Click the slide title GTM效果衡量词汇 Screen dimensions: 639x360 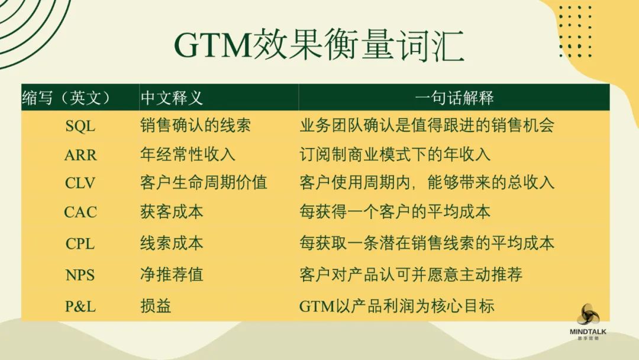[x=319, y=46]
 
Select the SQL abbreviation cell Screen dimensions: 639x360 [x=80, y=126]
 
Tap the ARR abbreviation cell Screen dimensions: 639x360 [x=80, y=155]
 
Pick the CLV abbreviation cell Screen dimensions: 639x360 [x=80, y=183]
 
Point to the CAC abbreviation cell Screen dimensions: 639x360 [x=80, y=212]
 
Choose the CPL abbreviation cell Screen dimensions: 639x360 [x=80, y=244]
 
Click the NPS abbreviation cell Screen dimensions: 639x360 [x=80, y=275]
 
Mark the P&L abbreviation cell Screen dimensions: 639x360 [x=80, y=306]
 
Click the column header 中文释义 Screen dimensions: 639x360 [x=172, y=98]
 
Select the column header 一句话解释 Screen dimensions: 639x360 [x=454, y=98]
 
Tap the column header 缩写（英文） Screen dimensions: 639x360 [x=66, y=98]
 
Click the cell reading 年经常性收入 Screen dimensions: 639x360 [x=188, y=155]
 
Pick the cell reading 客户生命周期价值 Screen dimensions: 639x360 [x=204, y=182]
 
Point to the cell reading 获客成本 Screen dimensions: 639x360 [x=172, y=211]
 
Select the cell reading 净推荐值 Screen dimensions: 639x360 [x=172, y=274]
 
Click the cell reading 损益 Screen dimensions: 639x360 [x=156, y=306]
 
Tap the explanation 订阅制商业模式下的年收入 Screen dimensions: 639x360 [x=395, y=155]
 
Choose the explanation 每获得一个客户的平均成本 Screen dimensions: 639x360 [x=395, y=211]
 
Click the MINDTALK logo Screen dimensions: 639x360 [x=588, y=322]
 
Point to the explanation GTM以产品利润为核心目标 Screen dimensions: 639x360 [x=396, y=306]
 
